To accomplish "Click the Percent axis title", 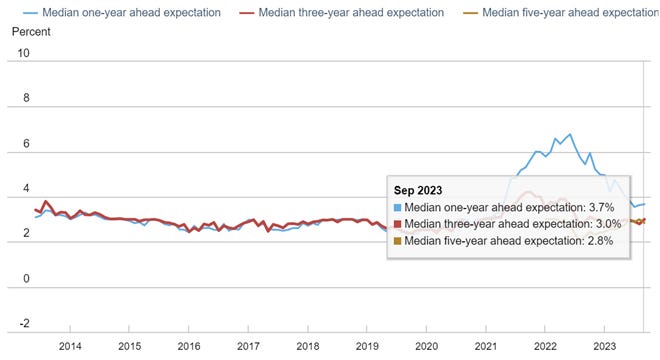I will pyautogui.click(x=31, y=32).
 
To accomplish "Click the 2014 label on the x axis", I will pyautogui.click(x=70, y=346).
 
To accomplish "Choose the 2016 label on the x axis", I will pyautogui.click(x=189, y=346).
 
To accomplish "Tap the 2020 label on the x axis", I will pyautogui.click(x=426, y=346).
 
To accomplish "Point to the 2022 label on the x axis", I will pyautogui.click(x=545, y=346).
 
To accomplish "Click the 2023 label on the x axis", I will pyautogui.click(x=604, y=346).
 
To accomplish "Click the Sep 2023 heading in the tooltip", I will pyautogui.click(x=417, y=189).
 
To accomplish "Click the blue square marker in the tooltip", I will pyautogui.click(x=398, y=207).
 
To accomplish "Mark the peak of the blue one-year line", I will pyautogui.click(x=570, y=133).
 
